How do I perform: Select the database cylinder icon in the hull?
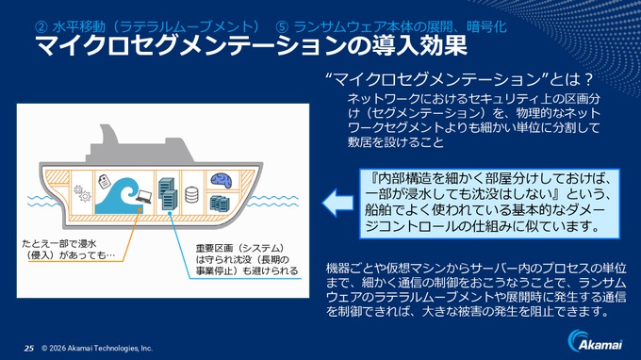coord(192,196)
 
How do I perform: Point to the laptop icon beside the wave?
coord(145,197)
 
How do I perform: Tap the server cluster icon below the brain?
coord(220,201)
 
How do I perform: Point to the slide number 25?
coord(29,348)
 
